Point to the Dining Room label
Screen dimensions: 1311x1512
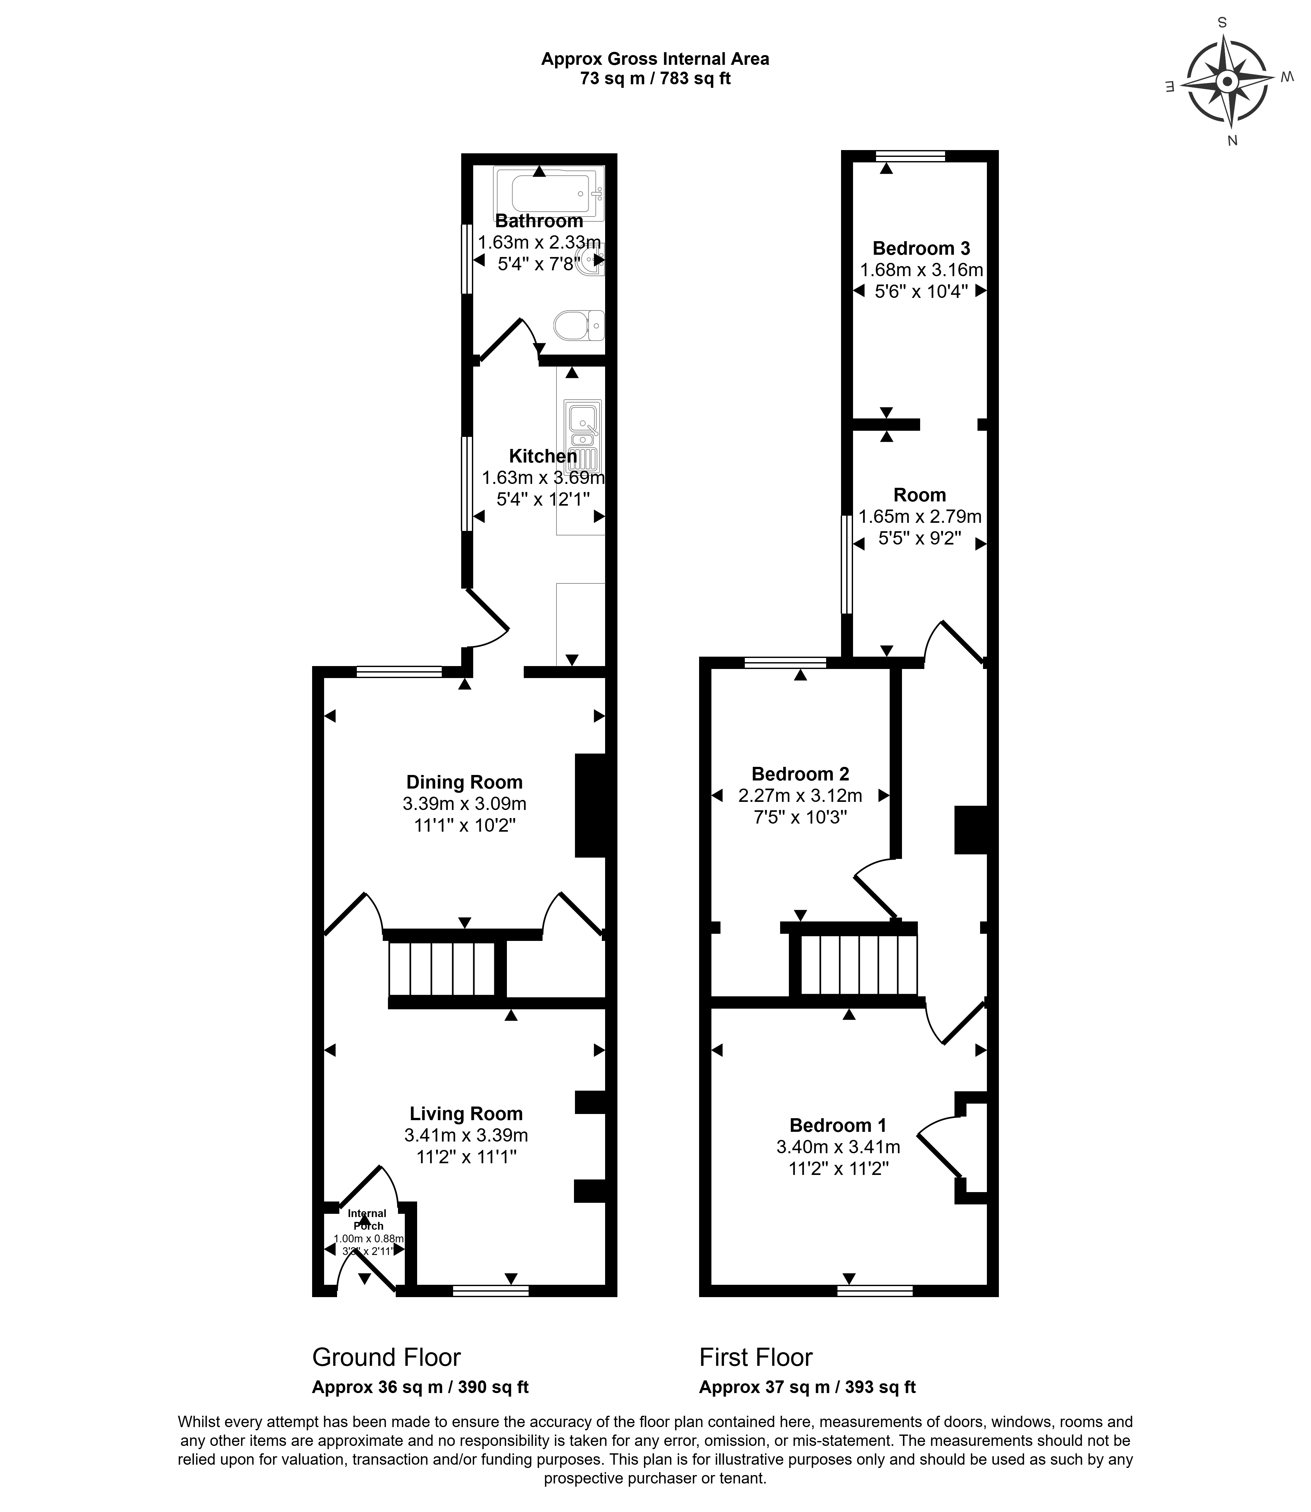tap(464, 782)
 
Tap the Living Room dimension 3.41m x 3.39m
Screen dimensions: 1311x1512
tap(466, 1135)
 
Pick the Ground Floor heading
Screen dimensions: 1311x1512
tap(386, 1357)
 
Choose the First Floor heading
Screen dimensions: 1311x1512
tap(756, 1357)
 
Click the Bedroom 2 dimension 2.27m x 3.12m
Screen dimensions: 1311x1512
tap(800, 795)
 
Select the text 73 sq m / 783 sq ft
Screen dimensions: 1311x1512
tap(655, 78)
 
